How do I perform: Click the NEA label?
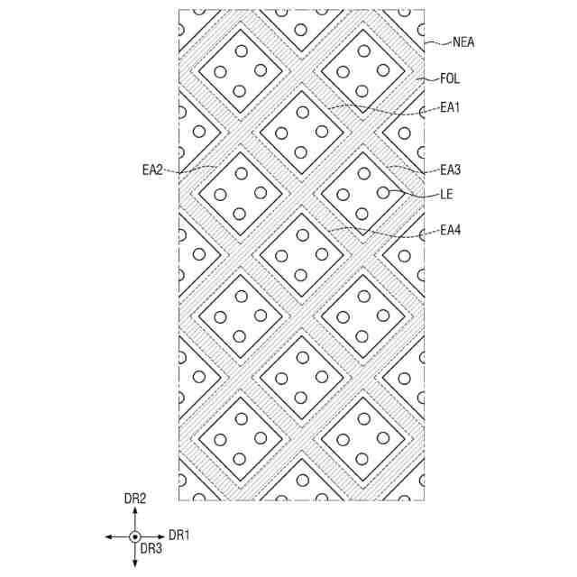pyautogui.click(x=463, y=41)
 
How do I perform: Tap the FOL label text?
pyautogui.click(x=450, y=79)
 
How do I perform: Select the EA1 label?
pyautogui.click(x=450, y=107)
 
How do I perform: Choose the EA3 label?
pyautogui.click(x=450, y=169)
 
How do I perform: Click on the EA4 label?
pyautogui.click(x=450, y=231)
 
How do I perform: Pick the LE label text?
pyautogui.click(x=446, y=193)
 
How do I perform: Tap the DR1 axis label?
pyautogui.click(x=179, y=536)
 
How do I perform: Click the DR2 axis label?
pyautogui.click(x=135, y=498)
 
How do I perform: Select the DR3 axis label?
pyautogui.click(x=151, y=548)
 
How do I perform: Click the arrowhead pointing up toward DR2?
pyautogui.click(x=135, y=510)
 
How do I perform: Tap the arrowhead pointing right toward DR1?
pyautogui.click(x=161, y=536)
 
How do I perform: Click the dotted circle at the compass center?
pyautogui.click(x=135, y=536)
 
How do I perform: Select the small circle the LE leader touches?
pyautogui.click(x=383, y=192)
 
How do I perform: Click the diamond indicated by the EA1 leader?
pyautogui.click(x=301, y=132)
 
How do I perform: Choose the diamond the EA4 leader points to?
pyautogui.click(x=301, y=254)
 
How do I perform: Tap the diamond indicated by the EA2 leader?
pyautogui.click(x=240, y=193)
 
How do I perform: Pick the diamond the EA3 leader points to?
pyautogui.click(x=363, y=193)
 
